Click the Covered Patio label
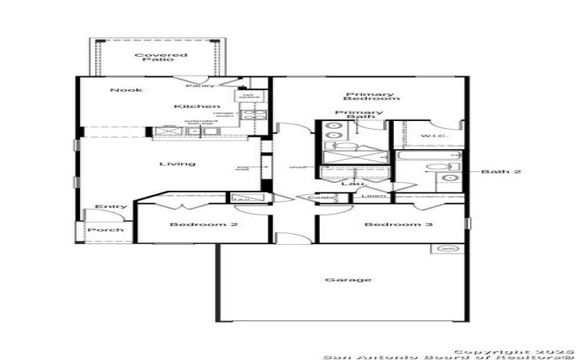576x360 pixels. pyautogui.click(x=153, y=56)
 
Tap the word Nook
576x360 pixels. pyautogui.click(x=126, y=90)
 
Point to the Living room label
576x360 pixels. pyautogui.click(x=177, y=163)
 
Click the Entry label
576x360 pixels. pyautogui.click(x=111, y=207)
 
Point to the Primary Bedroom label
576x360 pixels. pyautogui.click(x=372, y=96)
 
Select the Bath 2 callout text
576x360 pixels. pyautogui.click(x=501, y=172)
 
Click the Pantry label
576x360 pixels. pyautogui.click(x=199, y=86)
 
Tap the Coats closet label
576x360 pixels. pyautogui.click(x=320, y=197)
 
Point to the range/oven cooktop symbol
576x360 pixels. pyautogui.click(x=254, y=114)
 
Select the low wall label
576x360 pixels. pyautogui.click(x=242, y=169)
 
